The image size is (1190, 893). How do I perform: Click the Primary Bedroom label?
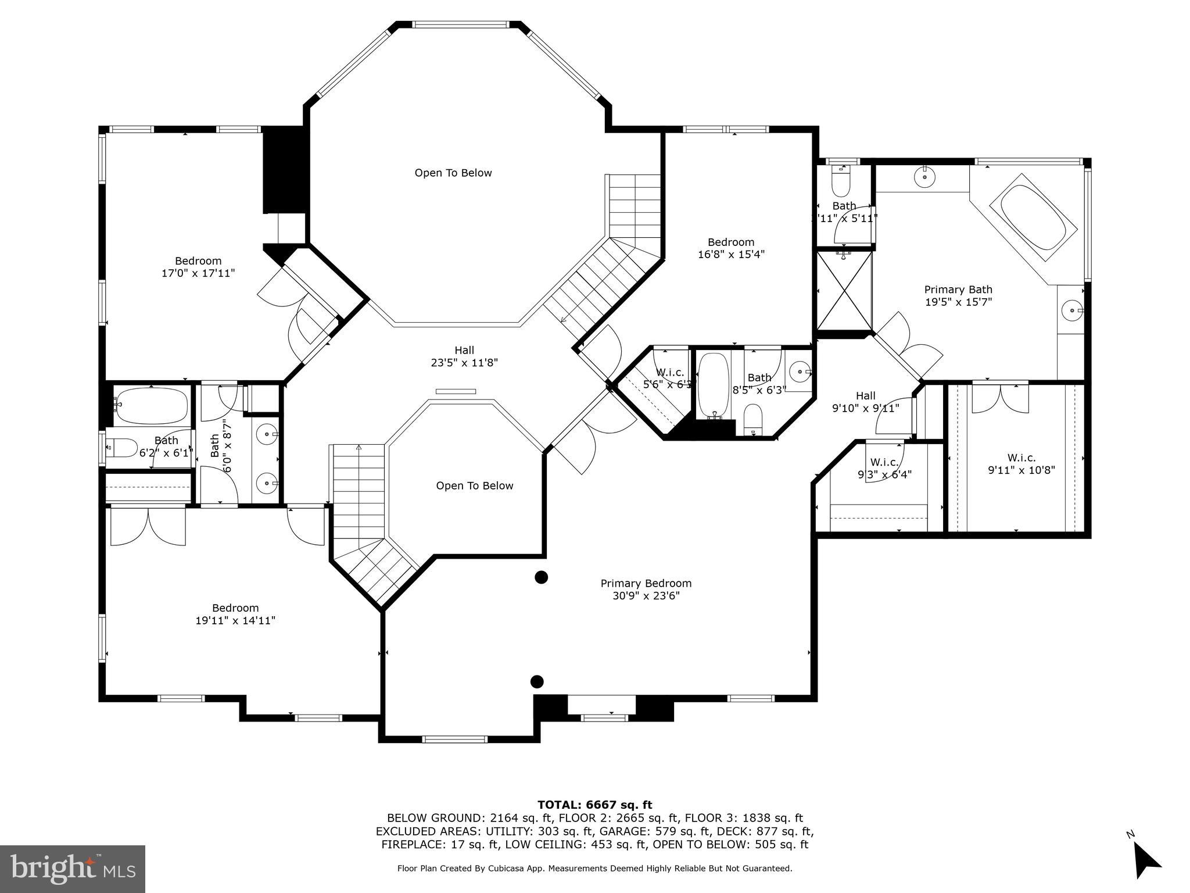pyautogui.click(x=646, y=583)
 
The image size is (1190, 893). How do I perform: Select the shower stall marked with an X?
pyautogui.click(x=844, y=290)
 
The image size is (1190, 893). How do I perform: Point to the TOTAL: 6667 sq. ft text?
pyautogui.click(x=594, y=805)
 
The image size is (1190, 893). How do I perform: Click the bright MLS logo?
pyautogui.click(x=72, y=869)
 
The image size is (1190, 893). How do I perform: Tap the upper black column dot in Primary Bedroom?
pyautogui.click(x=541, y=577)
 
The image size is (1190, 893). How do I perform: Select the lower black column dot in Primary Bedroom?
pyautogui.click(x=537, y=681)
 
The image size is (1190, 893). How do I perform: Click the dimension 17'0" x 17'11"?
pyautogui.click(x=198, y=273)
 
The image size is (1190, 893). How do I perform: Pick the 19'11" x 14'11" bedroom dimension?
pyautogui.click(x=235, y=621)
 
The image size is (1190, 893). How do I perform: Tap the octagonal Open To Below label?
pyautogui.click(x=453, y=173)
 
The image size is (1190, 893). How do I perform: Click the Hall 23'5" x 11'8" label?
pyautogui.click(x=464, y=356)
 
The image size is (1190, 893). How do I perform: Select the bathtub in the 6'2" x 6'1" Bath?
pyautogui.click(x=152, y=406)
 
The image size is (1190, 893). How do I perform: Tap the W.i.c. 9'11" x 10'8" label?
pyautogui.click(x=1021, y=464)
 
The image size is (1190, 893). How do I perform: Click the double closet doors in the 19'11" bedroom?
pyautogui.click(x=148, y=527)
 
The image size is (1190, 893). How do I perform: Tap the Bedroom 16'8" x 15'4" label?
pyautogui.click(x=730, y=248)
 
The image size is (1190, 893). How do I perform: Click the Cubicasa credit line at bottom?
pyautogui.click(x=594, y=869)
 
